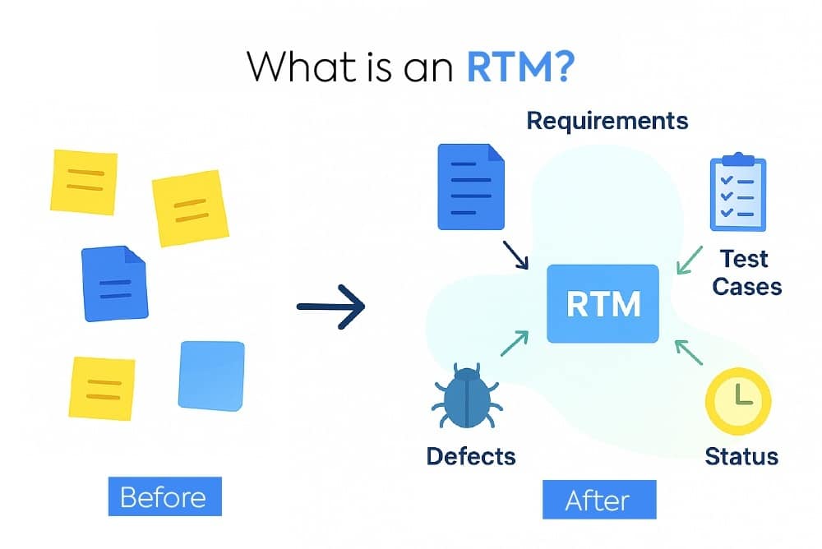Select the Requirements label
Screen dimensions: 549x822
tap(607, 121)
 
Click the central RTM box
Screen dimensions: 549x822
tap(603, 303)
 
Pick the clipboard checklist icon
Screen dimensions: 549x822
tap(737, 194)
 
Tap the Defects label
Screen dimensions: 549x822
tap(471, 455)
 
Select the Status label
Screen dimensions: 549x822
tap(741, 455)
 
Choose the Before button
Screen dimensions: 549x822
tap(163, 497)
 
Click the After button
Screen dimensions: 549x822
tap(598, 500)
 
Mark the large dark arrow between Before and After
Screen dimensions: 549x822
tap(330, 307)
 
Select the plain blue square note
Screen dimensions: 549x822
tap(211, 375)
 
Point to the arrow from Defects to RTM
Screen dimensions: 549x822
tap(514, 344)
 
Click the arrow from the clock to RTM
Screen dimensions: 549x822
tap(690, 352)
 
